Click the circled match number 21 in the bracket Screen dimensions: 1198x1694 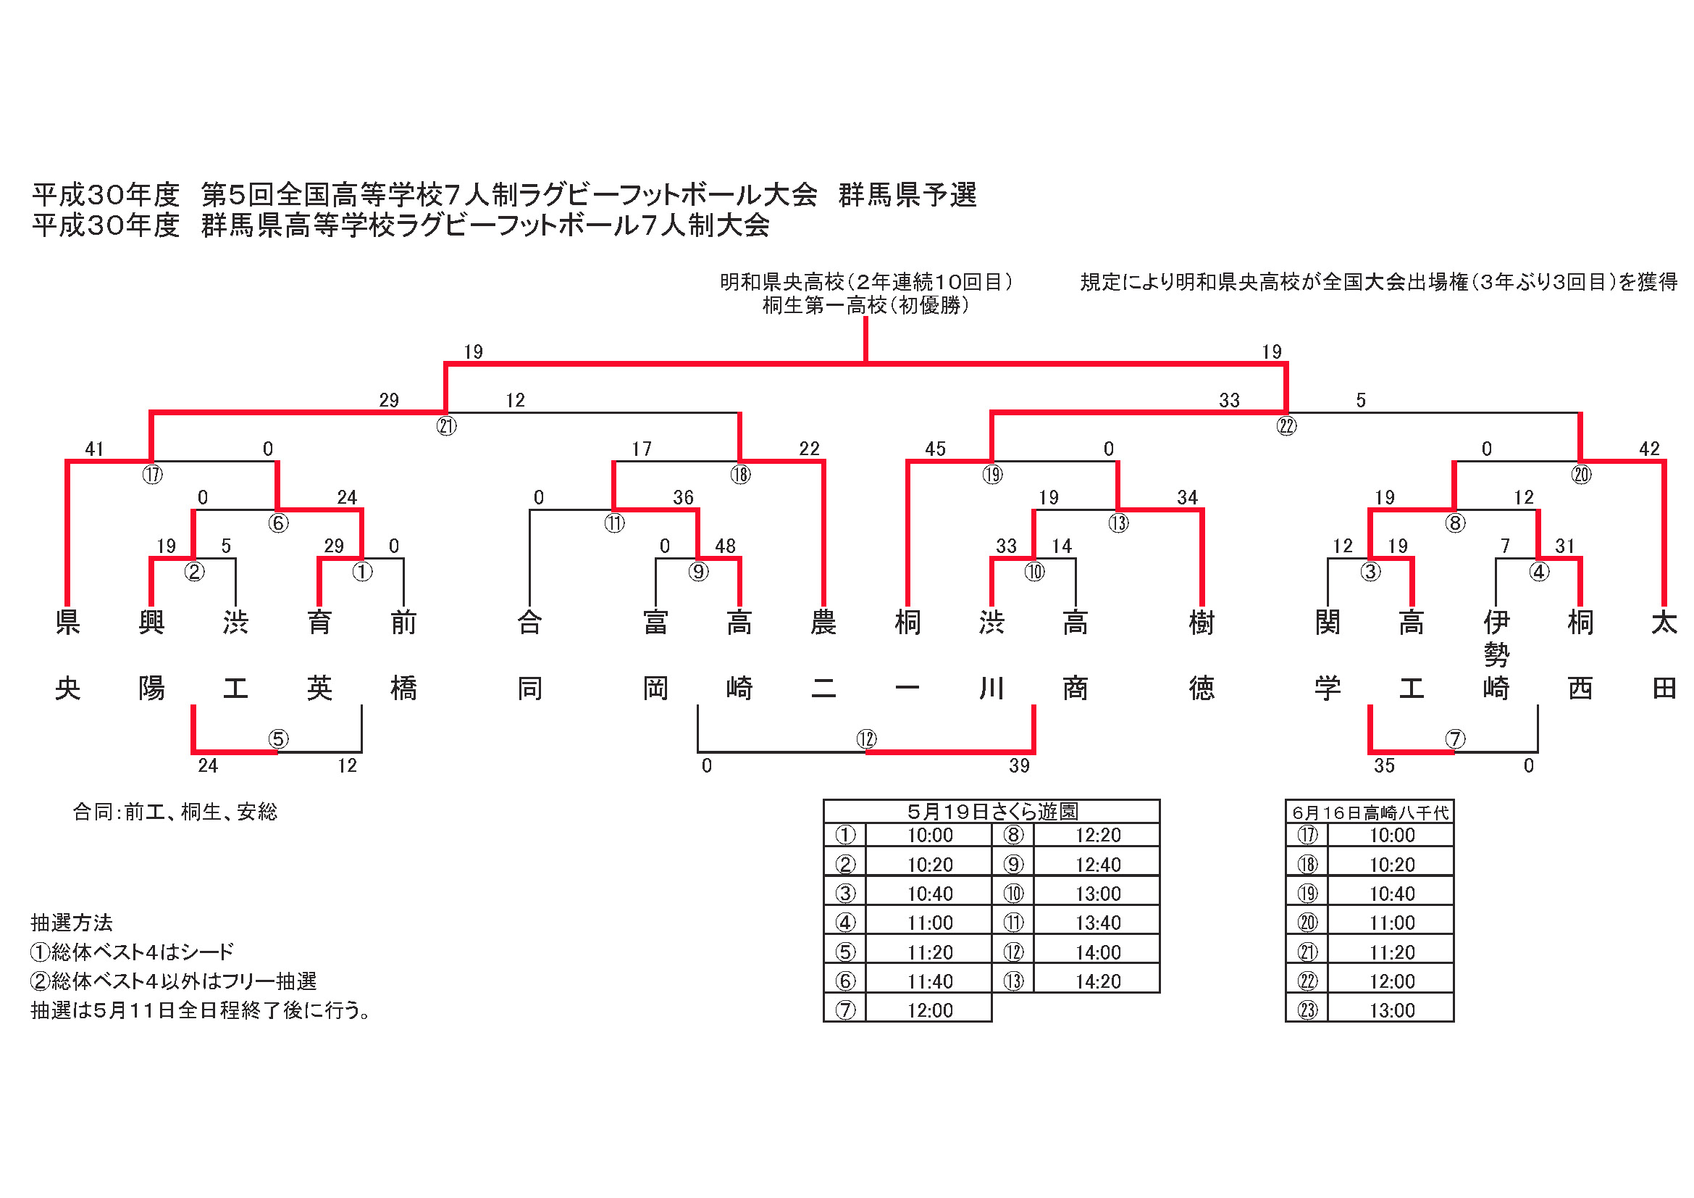tap(446, 426)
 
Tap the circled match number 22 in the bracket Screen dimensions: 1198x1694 tap(1287, 426)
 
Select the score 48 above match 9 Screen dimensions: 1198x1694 tap(724, 546)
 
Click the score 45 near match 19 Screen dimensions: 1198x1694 tap(935, 449)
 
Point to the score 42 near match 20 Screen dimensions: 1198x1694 tap(1649, 449)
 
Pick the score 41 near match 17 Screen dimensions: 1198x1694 tap(94, 449)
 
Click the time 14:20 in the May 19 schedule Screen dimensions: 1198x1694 tap(1098, 981)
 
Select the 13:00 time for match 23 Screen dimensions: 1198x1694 tap(1392, 1010)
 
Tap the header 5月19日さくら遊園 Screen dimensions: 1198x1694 tap(992, 812)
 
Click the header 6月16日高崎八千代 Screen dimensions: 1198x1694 tap(1370, 812)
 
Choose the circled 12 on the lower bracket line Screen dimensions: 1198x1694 tap(866, 739)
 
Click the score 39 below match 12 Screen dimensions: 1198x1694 tap(1019, 765)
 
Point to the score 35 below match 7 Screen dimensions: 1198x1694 tap(1384, 765)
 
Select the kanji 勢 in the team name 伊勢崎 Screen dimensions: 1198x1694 tap(1496, 654)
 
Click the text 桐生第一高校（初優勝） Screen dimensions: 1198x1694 tap(865, 305)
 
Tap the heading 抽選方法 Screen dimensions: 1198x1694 tap(72, 923)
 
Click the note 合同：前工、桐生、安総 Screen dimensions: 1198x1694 tap(175, 812)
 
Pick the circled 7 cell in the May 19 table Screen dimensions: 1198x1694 tap(844, 1010)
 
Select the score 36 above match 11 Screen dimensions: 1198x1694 tap(683, 497)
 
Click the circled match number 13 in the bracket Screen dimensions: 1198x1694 tap(1118, 523)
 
